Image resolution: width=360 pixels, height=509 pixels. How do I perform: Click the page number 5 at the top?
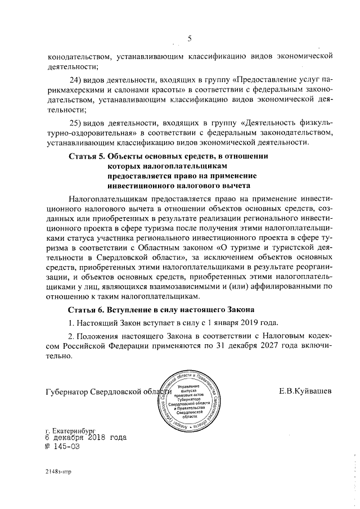point(190,39)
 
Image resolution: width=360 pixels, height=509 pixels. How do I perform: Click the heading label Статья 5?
point(86,156)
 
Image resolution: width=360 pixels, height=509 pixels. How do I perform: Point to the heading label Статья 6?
point(86,309)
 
